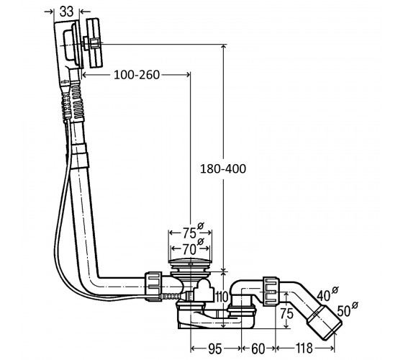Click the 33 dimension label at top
pos(66,12)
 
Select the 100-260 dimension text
pos(137,75)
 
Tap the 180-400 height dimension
pos(223,169)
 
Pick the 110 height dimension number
pos(222,297)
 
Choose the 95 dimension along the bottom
pos(215,348)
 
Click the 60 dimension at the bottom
pos(258,348)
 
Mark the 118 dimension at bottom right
pos(304,348)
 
